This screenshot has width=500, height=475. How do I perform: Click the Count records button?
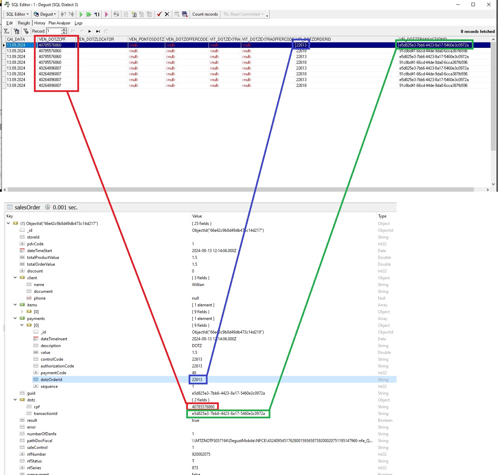(x=205, y=14)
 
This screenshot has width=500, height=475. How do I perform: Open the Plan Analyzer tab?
(x=59, y=23)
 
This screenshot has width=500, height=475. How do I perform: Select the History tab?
(x=40, y=23)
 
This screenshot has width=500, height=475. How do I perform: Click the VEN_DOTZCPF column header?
(x=52, y=39)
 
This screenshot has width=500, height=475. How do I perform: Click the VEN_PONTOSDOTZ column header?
(x=147, y=39)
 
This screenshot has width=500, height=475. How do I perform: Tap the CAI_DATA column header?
(x=16, y=39)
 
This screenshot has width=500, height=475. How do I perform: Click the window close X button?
(x=488, y=4)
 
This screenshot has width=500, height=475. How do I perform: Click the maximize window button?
(x=473, y=4)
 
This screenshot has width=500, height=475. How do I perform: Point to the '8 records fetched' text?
(x=477, y=32)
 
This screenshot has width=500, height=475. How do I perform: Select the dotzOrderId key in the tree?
(x=51, y=380)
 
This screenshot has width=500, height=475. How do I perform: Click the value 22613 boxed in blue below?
(x=197, y=380)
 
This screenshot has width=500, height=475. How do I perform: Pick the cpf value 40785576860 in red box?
(x=203, y=407)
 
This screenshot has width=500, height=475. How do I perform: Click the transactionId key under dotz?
(x=45, y=414)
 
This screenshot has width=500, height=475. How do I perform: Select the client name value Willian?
(x=198, y=285)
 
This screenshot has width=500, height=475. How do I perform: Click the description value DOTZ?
(x=197, y=346)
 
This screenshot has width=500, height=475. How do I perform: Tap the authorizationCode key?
(x=57, y=366)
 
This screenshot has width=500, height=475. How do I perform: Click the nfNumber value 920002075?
(x=201, y=454)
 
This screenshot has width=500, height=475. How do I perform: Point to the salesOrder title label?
(x=27, y=207)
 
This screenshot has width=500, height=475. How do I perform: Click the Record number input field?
(x=54, y=31)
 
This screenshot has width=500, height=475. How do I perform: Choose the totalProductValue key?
(x=43, y=258)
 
